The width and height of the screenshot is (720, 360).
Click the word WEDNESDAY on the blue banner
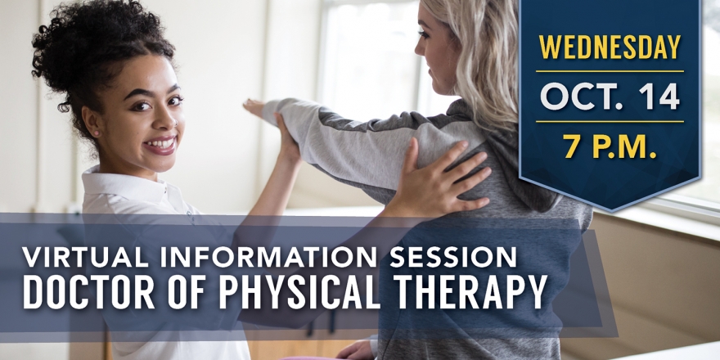coord(610,47)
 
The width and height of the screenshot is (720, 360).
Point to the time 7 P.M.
coord(610,146)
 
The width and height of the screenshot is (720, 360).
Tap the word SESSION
coord(453,257)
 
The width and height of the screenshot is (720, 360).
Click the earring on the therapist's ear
coord(97,133)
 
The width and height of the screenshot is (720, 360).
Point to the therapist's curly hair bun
coord(69,42)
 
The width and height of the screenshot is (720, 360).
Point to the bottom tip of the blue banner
coord(610,211)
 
